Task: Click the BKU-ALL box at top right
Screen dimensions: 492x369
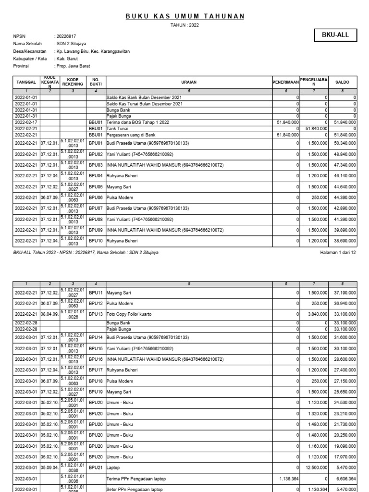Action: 336,35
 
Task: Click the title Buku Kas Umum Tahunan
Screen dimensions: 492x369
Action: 184,16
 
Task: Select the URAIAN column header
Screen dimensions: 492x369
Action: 188,82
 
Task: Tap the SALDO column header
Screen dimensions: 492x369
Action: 349,82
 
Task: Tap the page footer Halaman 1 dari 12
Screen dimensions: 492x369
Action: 338,252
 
